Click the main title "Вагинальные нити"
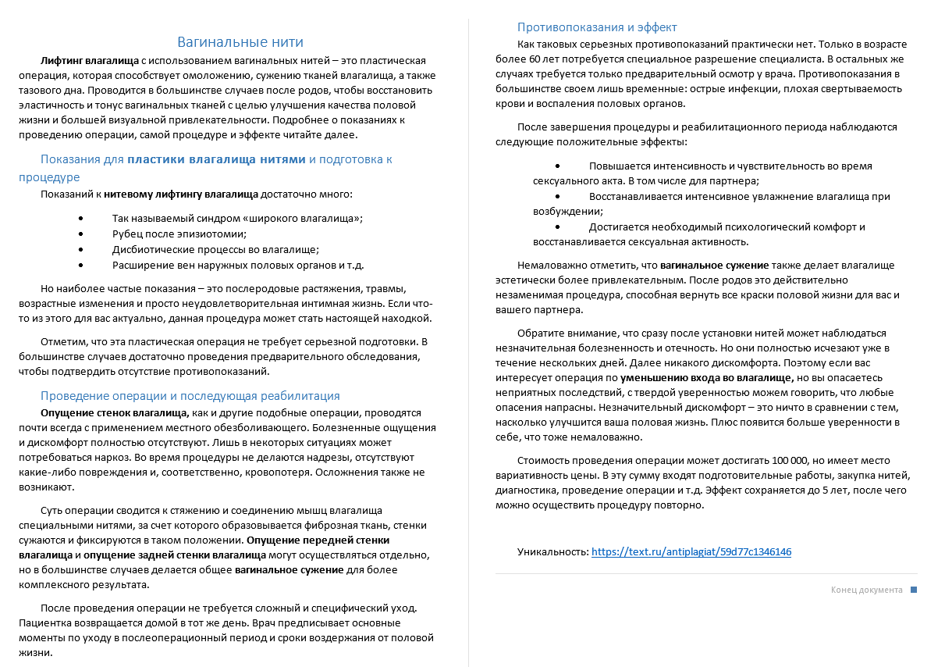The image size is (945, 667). point(240,42)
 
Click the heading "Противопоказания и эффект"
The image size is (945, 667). point(597,27)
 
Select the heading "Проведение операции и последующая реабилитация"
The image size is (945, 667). point(190,396)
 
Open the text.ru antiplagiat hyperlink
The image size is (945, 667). point(691,551)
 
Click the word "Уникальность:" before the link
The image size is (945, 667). point(552,551)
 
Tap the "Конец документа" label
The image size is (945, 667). point(866,590)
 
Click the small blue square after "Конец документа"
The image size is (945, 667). point(914,590)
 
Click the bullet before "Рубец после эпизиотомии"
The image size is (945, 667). point(81,234)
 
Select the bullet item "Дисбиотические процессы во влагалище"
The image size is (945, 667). point(215,249)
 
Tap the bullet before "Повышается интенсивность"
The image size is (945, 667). point(557,166)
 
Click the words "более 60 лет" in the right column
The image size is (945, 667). point(524,59)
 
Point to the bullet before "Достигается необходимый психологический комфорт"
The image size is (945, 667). point(557,226)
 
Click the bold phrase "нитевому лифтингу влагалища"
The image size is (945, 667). point(181,194)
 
